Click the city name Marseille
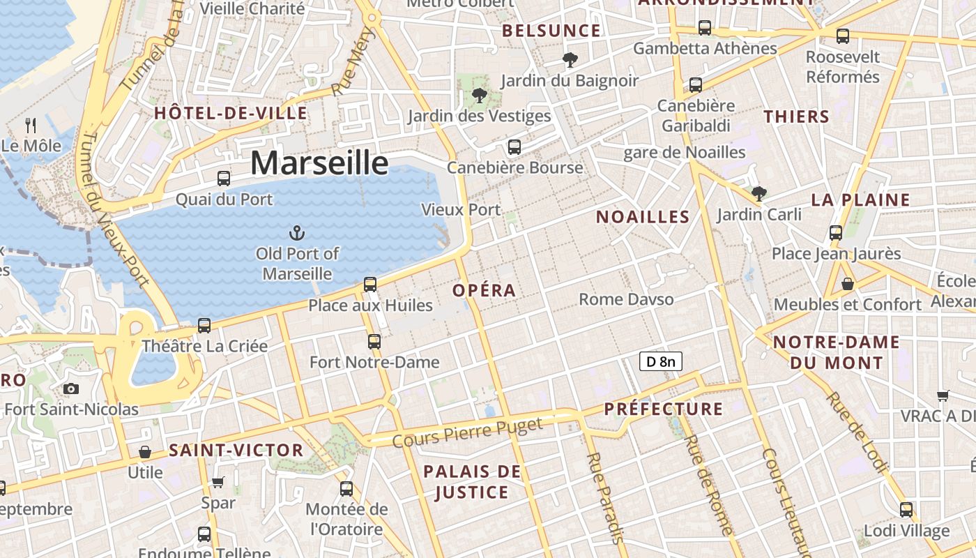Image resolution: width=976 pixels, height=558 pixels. (319, 163)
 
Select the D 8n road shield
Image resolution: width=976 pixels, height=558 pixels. (660, 361)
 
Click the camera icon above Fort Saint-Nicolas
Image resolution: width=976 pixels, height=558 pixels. (70, 389)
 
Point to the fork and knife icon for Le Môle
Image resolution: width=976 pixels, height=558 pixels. (31, 125)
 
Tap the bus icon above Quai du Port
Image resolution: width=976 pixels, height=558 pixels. (223, 178)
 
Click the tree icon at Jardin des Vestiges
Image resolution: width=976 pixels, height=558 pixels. (479, 96)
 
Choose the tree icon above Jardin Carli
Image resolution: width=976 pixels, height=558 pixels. (758, 193)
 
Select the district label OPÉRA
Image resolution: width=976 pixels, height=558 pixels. (485, 290)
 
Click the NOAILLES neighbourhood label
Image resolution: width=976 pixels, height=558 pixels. (643, 217)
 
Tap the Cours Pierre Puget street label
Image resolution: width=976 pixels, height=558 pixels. (467, 432)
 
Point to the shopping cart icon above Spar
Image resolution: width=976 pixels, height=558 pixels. (218, 482)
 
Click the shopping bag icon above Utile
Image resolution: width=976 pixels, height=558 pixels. (145, 452)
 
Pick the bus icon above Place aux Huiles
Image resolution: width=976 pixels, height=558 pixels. (370, 285)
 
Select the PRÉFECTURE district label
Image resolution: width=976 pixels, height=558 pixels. (664, 409)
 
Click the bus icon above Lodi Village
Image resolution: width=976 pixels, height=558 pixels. (906, 510)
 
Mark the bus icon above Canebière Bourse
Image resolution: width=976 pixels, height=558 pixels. (514, 147)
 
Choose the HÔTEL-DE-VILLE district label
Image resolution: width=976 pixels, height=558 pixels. (231, 113)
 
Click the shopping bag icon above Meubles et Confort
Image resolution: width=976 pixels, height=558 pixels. (848, 284)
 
